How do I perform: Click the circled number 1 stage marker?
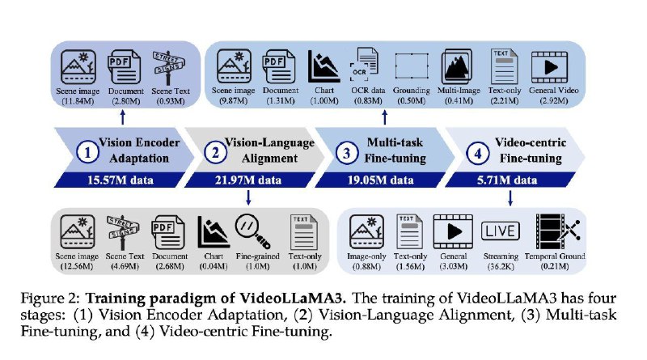point(87,152)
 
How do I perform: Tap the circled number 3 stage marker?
point(347,153)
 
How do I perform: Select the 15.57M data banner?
point(120,180)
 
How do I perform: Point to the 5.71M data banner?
point(507,180)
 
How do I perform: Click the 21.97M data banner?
point(248,180)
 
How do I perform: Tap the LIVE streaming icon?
point(500,231)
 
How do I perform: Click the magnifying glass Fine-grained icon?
point(253,231)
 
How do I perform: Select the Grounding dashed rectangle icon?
point(411,66)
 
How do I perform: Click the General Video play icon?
point(550,67)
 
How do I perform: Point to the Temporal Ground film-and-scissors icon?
point(557,231)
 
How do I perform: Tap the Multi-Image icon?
point(457,66)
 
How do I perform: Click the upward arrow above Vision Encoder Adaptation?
point(123,116)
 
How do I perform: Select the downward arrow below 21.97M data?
point(248,197)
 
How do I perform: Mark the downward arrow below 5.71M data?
point(510,197)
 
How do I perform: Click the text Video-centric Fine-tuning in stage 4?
point(531,150)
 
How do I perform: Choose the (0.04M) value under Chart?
point(214,266)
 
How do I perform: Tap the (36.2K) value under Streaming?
point(501,266)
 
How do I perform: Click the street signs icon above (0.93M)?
point(169,67)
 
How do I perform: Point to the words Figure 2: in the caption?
point(51,299)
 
